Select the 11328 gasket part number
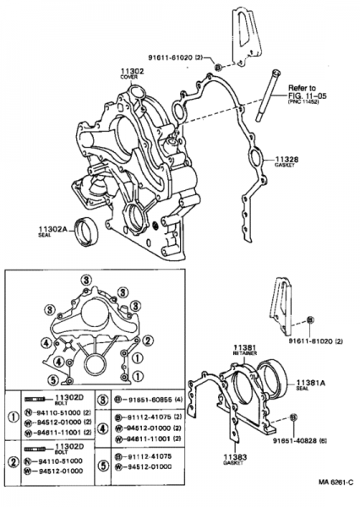pyautogui.click(x=287, y=158)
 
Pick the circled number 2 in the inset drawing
pyautogui.click(x=147, y=340)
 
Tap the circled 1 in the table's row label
pyautogui.click(x=13, y=417)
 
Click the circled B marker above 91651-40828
pyautogui.click(x=292, y=417)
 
